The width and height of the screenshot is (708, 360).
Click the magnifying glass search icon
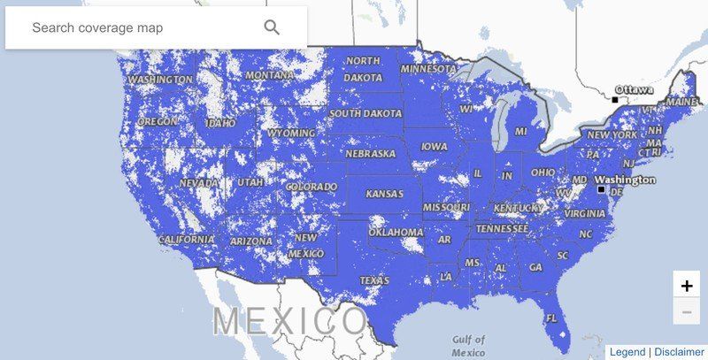(x=272, y=27)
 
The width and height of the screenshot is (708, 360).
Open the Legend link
(x=627, y=352)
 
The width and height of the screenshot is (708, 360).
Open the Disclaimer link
(x=680, y=352)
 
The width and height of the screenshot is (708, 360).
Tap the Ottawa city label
(x=635, y=89)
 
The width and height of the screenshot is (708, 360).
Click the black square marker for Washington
(x=601, y=189)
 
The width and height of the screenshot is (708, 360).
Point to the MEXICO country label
(x=289, y=321)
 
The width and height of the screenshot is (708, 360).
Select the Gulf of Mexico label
(x=468, y=345)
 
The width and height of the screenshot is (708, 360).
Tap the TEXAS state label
(x=374, y=280)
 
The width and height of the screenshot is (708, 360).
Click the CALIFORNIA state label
(x=187, y=239)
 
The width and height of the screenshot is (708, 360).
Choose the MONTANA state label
(x=269, y=75)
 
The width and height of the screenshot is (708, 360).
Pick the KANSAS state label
(x=384, y=193)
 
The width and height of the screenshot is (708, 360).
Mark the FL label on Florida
(x=551, y=318)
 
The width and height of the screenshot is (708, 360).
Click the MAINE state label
(x=681, y=102)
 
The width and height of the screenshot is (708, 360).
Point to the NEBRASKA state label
(x=370, y=153)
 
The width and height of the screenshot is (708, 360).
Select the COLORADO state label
(x=311, y=188)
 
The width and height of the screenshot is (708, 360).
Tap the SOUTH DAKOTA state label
(x=365, y=113)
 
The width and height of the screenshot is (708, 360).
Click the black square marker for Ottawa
(x=615, y=99)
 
